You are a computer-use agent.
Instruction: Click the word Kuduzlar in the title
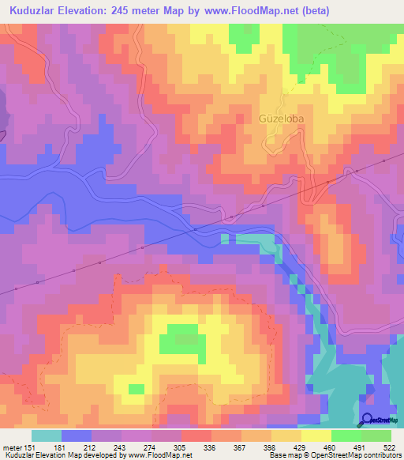[x=33, y=11]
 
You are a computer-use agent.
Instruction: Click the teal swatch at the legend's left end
[x=46, y=435]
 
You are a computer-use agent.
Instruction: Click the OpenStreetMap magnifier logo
[x=368, y=419]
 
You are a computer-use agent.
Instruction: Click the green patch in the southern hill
[x=179, y=338]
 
